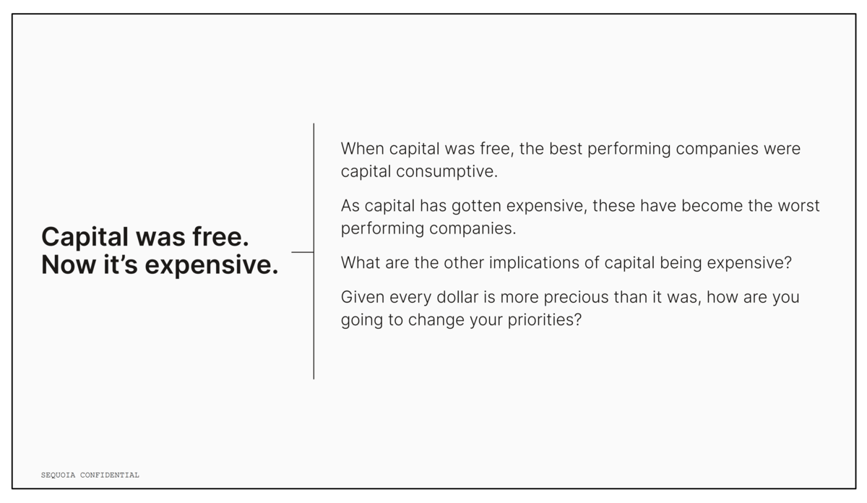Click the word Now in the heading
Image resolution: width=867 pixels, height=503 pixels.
point(69,265)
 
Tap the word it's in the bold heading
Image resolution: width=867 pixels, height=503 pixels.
point(121,265)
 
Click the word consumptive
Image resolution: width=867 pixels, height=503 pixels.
point(447,172)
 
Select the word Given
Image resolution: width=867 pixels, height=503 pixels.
point(363,297)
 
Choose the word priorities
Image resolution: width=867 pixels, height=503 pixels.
point(545,320)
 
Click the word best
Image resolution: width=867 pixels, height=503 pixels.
point(566,149)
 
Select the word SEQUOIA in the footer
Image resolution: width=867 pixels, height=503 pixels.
point(58,475)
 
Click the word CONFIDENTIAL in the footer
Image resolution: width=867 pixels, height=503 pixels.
point(110,475)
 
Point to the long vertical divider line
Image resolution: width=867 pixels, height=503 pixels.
point(314,252)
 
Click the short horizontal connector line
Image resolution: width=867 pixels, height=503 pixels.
point(303,252)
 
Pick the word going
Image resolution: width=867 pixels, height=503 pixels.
point(362,321)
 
